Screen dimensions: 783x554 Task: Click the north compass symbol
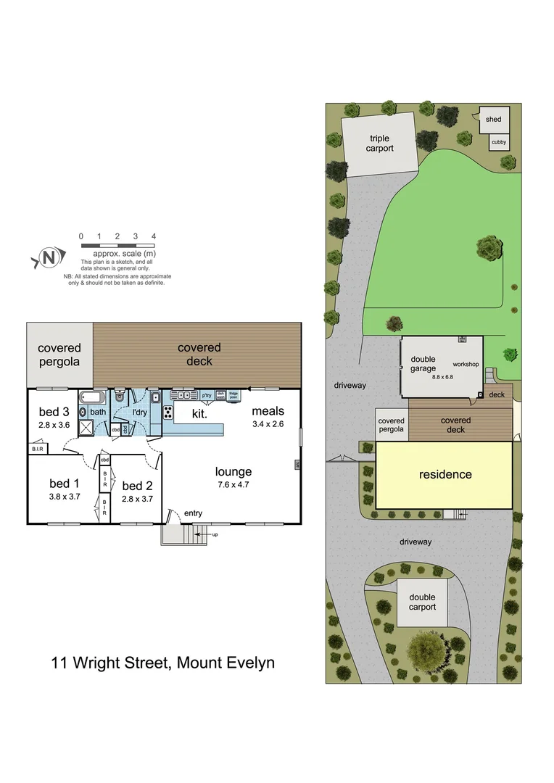[x=48, y=257]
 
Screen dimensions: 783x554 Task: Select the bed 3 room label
[x=54, y=412]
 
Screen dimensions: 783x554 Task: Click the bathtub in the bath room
[x=93, y=397]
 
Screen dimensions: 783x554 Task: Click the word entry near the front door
[x=194, y=513]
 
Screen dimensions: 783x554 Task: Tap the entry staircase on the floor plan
[x=195, y=535]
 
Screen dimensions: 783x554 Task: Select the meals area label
[x=268, y=412]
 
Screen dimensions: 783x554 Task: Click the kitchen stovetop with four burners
[x=168, y=413]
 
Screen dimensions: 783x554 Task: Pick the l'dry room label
[x=140, y=412]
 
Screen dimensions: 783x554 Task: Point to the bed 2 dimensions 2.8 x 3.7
[x=136, y=499]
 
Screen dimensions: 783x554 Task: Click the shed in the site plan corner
[x=493, y=120]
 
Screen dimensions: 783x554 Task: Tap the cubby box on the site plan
[x=498, y=142]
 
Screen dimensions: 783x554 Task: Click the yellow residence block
[x=445, y=475]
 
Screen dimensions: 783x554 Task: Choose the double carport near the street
[x=422, y=602]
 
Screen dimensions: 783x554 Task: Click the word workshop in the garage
[x=466, y=363]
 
